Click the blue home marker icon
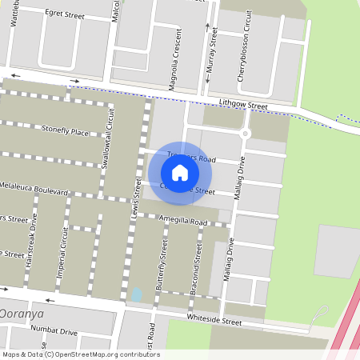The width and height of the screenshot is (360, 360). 180,172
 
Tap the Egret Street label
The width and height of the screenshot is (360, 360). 65,14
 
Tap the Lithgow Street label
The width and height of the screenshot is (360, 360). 242,105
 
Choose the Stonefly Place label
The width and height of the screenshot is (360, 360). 66,131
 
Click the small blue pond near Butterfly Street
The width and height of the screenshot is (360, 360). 137,295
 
